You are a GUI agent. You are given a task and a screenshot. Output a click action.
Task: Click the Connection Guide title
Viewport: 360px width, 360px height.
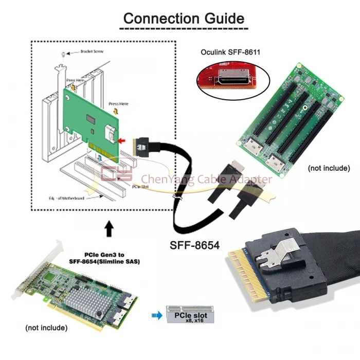click(x=184, y=19)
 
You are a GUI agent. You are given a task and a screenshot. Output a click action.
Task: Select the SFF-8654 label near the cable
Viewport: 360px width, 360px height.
click(x=195, y=246)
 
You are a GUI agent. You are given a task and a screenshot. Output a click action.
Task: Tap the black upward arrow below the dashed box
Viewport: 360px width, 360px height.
click(x=109, y=228)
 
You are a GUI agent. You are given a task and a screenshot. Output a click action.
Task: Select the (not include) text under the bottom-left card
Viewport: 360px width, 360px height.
click(x=46, y=328)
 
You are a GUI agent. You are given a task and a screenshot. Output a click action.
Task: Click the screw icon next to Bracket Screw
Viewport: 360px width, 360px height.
click(x=63, y=53)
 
